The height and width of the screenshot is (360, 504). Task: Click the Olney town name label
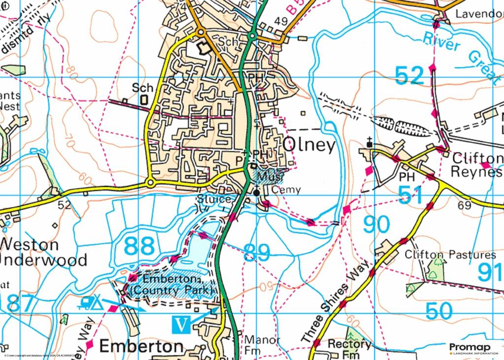pos(310,146)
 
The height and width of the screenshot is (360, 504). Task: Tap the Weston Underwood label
pos(43,252)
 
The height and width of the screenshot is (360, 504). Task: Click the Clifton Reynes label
pos(477,165)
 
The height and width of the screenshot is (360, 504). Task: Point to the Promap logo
pos(470,348)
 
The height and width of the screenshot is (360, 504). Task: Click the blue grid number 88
pos(139,245)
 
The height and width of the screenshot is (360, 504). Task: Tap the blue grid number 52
pos(409,76)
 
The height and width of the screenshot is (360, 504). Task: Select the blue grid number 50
pos(439,311)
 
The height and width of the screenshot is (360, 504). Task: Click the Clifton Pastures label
pos(450,255)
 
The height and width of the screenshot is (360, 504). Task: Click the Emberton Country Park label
pos(172,285)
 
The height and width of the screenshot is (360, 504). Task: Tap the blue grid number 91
pos(490,272)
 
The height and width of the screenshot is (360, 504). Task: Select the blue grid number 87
pos(21,303)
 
